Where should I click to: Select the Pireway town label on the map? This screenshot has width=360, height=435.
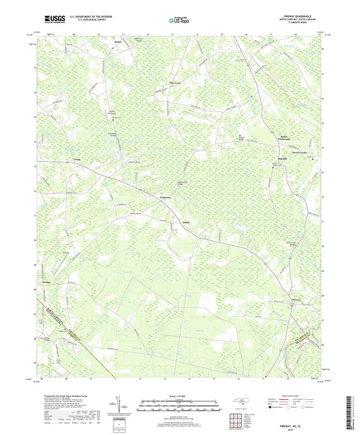295,299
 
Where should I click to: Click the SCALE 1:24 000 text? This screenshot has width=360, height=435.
180,396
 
